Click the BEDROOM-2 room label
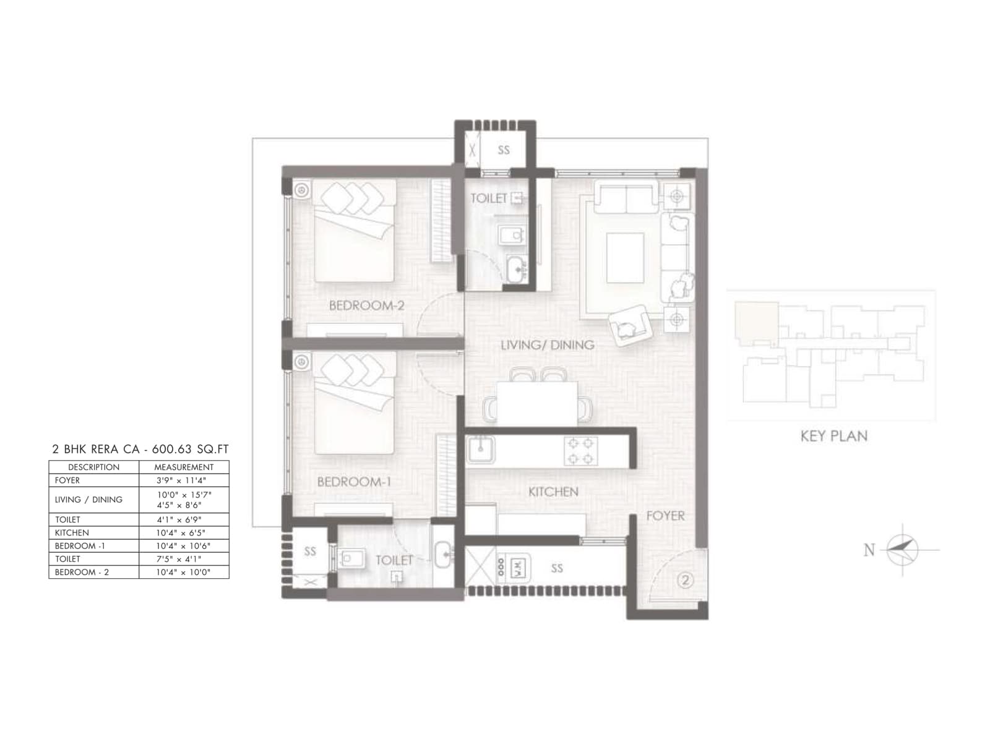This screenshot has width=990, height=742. pyautogui.click(x=366, y=305)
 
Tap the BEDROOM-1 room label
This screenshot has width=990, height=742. pyautogui.click(x=354, y=482)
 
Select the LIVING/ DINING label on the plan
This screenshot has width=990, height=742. pyautogui.click(x=547, y=345)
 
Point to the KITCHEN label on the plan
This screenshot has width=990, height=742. pyautogui.click(x=553, y=492)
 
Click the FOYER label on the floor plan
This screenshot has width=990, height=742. pyautogui.click(x=665, y=516)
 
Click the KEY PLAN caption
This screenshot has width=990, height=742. pyautogui.click(x=833, y=436)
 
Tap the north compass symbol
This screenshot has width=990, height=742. pyautogui.click(x=902, y=549)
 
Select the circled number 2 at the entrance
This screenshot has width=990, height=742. pyautogui.click(x=684, y=580)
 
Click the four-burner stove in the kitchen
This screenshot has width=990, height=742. pyautogui.click(x=580, y=451)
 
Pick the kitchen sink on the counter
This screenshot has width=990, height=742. pyautogui.click(x=481, y=449)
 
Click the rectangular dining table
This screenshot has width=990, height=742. pyautogui.click(x=537, y=403)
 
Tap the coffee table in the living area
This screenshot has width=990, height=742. pyautogui.click(x=625, y=257)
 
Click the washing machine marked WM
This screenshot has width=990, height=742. pyautogui.click(x=519, y=568)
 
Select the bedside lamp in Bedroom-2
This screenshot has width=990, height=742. pyautogui.click(x=302, y=190)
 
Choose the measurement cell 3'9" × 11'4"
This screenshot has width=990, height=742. pyautogui.click(x=184, y=480)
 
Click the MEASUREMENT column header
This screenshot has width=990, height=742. pyautogui.click(x=184, y=467)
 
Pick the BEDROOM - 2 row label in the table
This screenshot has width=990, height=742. pyautogui.click(x=82, y=572)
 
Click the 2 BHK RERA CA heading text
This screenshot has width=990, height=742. pyautogui.click(x=140, y=450)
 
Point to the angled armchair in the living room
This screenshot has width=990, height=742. pyautogui.click(x=630, y=325)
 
